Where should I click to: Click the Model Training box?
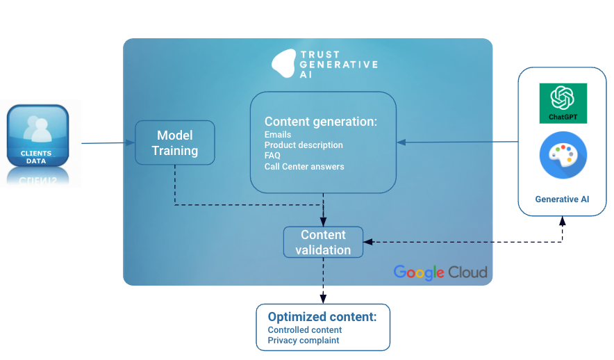pos(174,142)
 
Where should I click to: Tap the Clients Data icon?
pos(38,136)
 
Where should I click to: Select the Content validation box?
pos(323,243)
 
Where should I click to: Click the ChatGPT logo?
pos(563,103)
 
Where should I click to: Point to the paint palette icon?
pos(563,156)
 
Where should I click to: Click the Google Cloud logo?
pos(440,272)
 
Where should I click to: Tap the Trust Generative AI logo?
pos(324,64)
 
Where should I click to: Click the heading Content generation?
pos(321,122)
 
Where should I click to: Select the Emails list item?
pos(278,135)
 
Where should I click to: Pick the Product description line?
pos(304,145)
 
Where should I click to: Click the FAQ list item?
pos(272,156)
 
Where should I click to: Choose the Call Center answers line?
pos(304,166)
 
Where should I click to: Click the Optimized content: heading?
pos(322,317)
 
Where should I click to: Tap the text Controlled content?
pos(305,330)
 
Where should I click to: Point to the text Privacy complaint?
pos(304,341)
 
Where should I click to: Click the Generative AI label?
pos(562,199)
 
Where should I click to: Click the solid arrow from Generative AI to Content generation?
pos(458,142)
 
